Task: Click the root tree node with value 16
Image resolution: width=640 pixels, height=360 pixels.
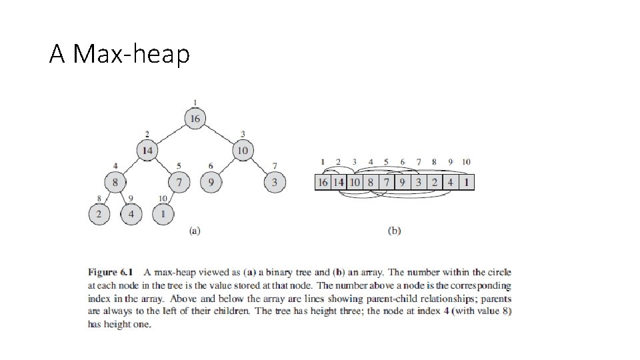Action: pyautogui.click(x=194, y=119)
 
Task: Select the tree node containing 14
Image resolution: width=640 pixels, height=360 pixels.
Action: pyautogui.click(x=147, y=151)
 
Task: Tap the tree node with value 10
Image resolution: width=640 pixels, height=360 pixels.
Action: pyautogui.click(x=242, y=151)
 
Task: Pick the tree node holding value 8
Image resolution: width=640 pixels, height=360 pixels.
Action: pyautogui.click(x=115, y=181)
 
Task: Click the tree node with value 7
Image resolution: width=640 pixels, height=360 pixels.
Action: pyautogui.click(x=179, y=181)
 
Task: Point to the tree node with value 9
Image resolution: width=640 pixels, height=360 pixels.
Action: pyautogui.click(x=211, y=181)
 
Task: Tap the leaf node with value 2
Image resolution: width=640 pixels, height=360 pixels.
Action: pyautogui.click(x=99, y=213)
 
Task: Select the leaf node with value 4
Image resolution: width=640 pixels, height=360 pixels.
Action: pyautogui.click(x=131, y=213)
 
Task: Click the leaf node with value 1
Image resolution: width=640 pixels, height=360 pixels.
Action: pyautogui.click(x=163, y=213)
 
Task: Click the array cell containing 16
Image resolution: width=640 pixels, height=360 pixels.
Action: pyautogui.click(x=323, y=182)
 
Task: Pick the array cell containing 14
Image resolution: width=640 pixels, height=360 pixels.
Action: pyautogui.click(x=338, y=182)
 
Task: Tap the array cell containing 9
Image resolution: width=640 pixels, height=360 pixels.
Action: pyautogui.click(x=402, y=182)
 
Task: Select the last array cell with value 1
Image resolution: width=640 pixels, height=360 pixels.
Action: pyautogui.click(x=466, y=182)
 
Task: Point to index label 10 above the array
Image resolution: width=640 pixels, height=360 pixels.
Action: pyautogui.click(x=466, y=162)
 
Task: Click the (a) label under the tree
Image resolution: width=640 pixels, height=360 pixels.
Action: pyautogui.click(x=194, y=231)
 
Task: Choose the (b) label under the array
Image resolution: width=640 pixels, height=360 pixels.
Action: pyautogui.click(x=394, y=231)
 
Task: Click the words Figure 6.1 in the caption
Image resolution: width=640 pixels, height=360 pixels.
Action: pyautogui.click(x=111, y=272)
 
